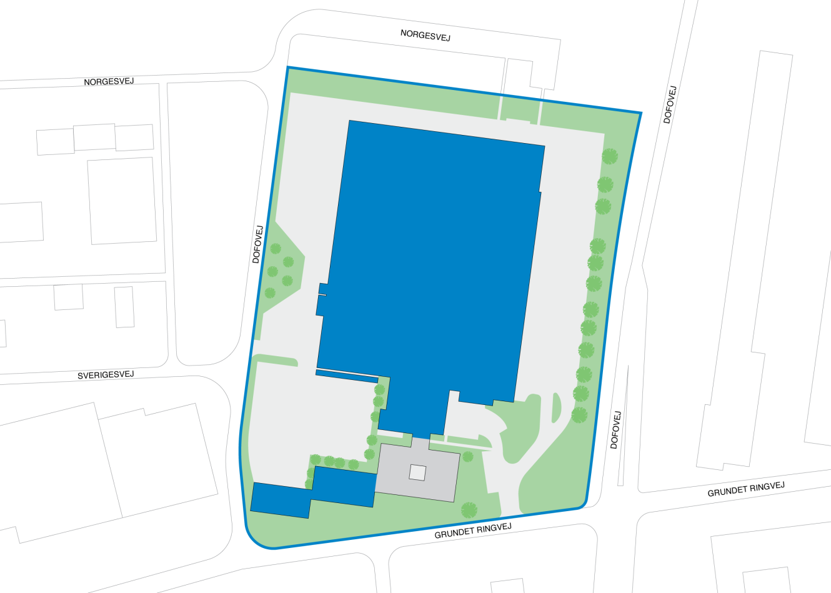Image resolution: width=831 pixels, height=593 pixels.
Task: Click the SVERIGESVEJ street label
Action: (106, 375)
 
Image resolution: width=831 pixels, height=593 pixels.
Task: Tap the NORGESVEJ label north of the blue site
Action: (425, 35)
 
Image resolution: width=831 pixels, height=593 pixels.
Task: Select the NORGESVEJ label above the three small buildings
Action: (109, 82)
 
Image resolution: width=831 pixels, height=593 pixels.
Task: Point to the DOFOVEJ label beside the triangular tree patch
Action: (257, 244)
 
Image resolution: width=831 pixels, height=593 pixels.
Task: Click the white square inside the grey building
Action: (417, 473)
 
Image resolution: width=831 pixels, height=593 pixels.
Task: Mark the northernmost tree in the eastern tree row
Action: (609, 156)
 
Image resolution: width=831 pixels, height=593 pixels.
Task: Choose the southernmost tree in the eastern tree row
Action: (579, 414)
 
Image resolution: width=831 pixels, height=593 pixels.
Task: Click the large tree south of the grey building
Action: (469, 510)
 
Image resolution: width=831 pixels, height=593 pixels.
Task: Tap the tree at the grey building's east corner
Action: (468, 457)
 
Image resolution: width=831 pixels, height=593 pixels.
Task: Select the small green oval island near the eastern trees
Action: (556, 407)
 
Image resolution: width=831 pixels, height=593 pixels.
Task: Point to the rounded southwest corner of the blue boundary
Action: (253, 537)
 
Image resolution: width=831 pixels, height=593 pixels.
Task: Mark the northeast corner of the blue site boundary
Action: (640, 113)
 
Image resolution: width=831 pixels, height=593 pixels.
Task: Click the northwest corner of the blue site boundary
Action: (287, 67)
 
